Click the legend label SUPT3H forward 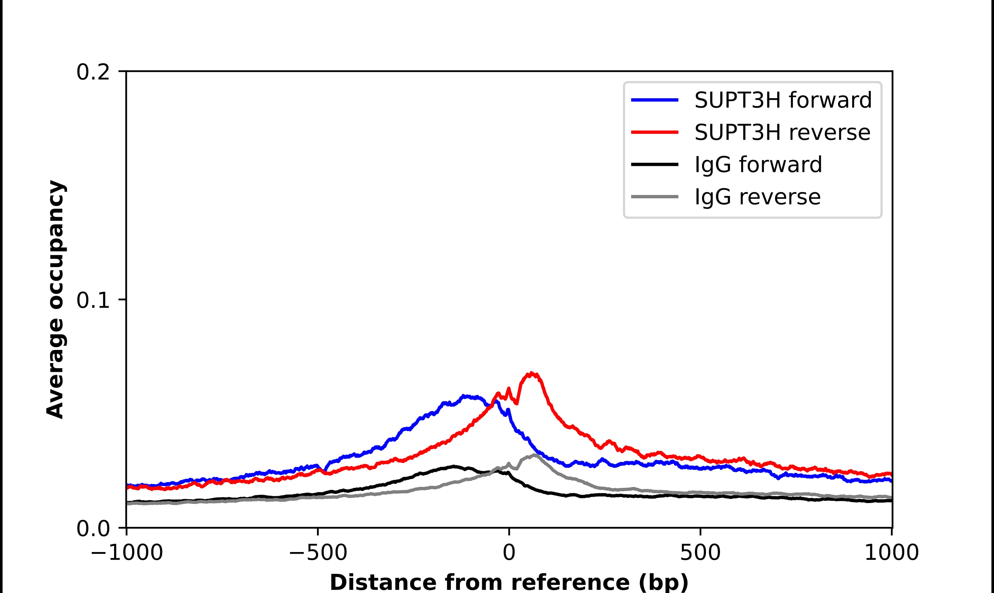pyautogui.click(x=782, y=100)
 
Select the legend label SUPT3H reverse pyautogui.click(x=782, y=132)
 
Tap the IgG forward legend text pyautogui.click(x=758, y=165)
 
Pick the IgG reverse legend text pyautogui.click(x=757, y=197)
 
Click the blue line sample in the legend pyautogui.click(x=655, y=100)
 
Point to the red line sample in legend pyautogui.click(x=655, y=132)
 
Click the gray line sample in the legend pyautogui.click(x=655, y=197)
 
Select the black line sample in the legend pyautogui.click(x=655, y=164)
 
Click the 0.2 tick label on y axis pyautogui.click(x=93, y=72)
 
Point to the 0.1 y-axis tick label pyautogui.click(x=93, y=301)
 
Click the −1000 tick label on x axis pyautogui.click(x=127, y=553)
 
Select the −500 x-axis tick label pyautogui.click(x=318, y=553)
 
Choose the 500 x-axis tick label pyautogui.click(x=700, y=553)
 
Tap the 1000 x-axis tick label pyautogui.click(x=892, y=553)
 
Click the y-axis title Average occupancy pyautogui.click(x=56, y=300)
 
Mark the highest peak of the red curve pyautogui.click(x=531, y=373)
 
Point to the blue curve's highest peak pyautogui.click(x=464, y=396)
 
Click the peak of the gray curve pyautogui.click(x=534, y=455)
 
